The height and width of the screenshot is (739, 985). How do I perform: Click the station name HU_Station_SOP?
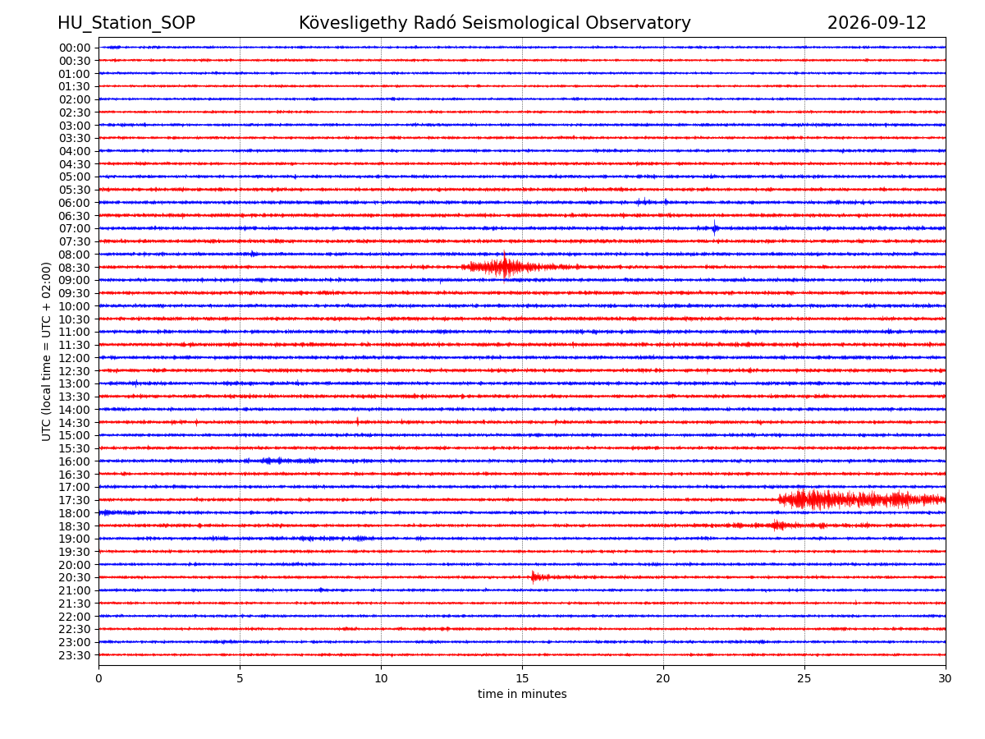pyautogui.click(x=126, y=23)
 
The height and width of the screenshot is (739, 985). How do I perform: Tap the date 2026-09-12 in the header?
pyautogui.click(x=877, y=23)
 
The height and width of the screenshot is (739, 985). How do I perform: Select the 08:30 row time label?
pyautogui.click(x=75, y=268)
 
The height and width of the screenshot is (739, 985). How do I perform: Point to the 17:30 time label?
pyautogui.click(x=75, y=500)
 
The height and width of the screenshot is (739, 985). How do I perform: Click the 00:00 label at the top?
pyautogui.click(x=75, y=48)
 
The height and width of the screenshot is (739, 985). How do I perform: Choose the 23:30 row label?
pyautogui.click(x=75, y=655)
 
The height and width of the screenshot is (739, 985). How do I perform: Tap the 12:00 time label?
pyautogui.click(x=75, y=358)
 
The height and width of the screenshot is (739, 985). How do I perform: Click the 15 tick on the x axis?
pyautogui.click(x=522, y=678)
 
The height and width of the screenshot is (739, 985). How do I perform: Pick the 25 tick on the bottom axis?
pyautogui.click(x=804, y=678)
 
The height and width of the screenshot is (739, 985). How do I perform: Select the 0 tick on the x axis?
pyautogui.click(x=98, y=678)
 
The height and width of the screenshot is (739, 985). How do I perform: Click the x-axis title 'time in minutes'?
pyautogui.click(x=522, y=694)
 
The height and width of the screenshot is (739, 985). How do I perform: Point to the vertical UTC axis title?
pyautogui.click(x=46, y=351)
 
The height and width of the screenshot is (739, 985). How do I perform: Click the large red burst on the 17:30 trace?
pyautogui.click(x=862, y=499)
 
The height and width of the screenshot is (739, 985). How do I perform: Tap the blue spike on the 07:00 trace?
pyautogui.click(x=714, y=228)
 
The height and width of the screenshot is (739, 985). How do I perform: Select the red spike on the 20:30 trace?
pyautogui.click(x=533, y=576)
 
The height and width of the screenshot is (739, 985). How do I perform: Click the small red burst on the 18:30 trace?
pyautogui.click(x=779, y=525)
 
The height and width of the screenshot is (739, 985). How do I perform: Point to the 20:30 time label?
pyautogui.click(x=75, y=577)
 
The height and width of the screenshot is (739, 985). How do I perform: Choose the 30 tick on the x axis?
pyautogui.click(x=945, y=678)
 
